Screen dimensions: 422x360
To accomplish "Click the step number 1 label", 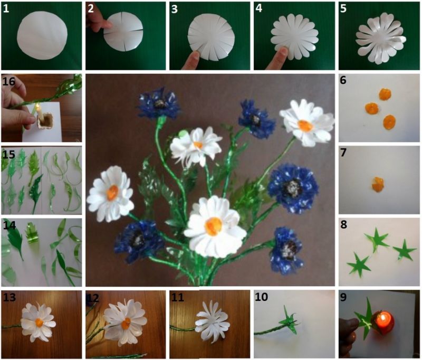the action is pyautogui.click(x=6, y=9).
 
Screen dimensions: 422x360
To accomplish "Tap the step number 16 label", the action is pyautogui.click(x=8, y=81).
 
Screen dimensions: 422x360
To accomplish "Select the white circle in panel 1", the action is pyautogui.click(x=42, y=35).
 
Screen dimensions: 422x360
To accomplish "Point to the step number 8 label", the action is pyautogui.click(x=344, y=224).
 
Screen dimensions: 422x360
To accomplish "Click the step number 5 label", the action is pyautogui.click(x=343, y=8).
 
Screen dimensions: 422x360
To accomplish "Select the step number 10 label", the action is pyautogui.click(x=261, y=297).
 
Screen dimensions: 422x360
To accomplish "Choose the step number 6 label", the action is pyautogui.click(x=343, y=80).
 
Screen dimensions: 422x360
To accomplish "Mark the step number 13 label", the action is pyautogui.click(x=9, y=297).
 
